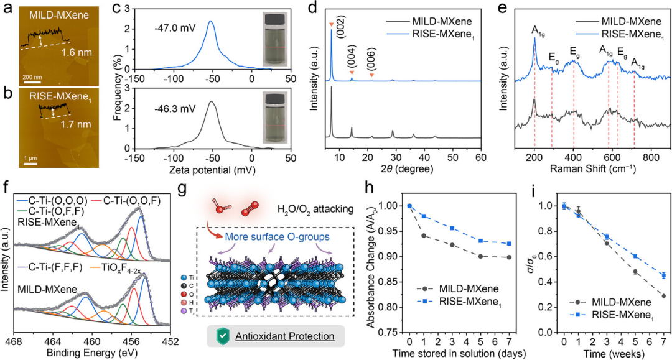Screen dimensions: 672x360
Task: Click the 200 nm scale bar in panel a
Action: [x=32, y=81]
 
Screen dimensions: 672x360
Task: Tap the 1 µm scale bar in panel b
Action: [x=30, y=163]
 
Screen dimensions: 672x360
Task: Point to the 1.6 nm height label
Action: [x=77, y=53]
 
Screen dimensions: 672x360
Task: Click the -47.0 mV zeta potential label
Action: [x=175, y=28]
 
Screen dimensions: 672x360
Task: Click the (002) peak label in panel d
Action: [x=341, y=24]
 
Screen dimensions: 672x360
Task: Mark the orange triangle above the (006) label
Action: [x=371, y=75]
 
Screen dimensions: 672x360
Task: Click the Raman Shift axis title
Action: [x=593, y=168]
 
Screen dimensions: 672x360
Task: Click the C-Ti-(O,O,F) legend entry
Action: [x=124, y=200]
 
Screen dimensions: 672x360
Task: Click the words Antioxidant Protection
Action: [x=284, y=336]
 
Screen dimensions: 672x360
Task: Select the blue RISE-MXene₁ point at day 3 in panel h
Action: [x=452, y=228]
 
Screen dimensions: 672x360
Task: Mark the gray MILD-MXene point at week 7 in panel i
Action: [x=663, y=296]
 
